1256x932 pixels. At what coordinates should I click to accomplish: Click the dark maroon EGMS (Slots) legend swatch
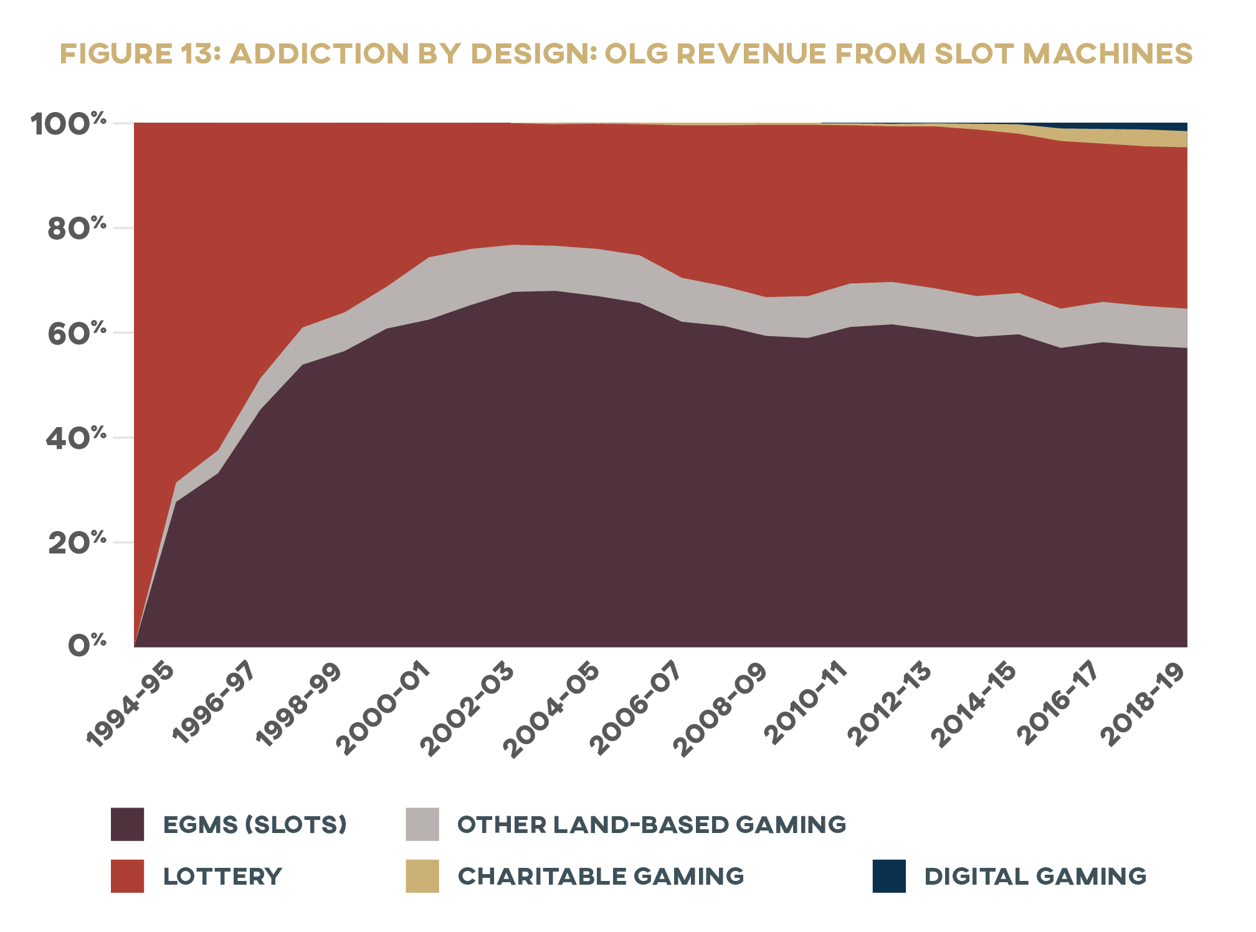click(x=127, y=824)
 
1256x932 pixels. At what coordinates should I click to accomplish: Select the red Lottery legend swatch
click(x=127, y=876)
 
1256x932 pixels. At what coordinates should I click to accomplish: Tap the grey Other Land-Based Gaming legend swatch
click(x=422, y=824)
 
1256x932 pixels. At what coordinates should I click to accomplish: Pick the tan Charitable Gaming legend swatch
click(x=422, y=876)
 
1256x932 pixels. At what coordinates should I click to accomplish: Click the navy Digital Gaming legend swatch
click(x=889, y=876)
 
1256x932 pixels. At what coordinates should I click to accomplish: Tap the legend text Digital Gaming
click(x=1035, y=877)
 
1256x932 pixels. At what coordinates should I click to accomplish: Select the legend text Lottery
click(x=222, y=877)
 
